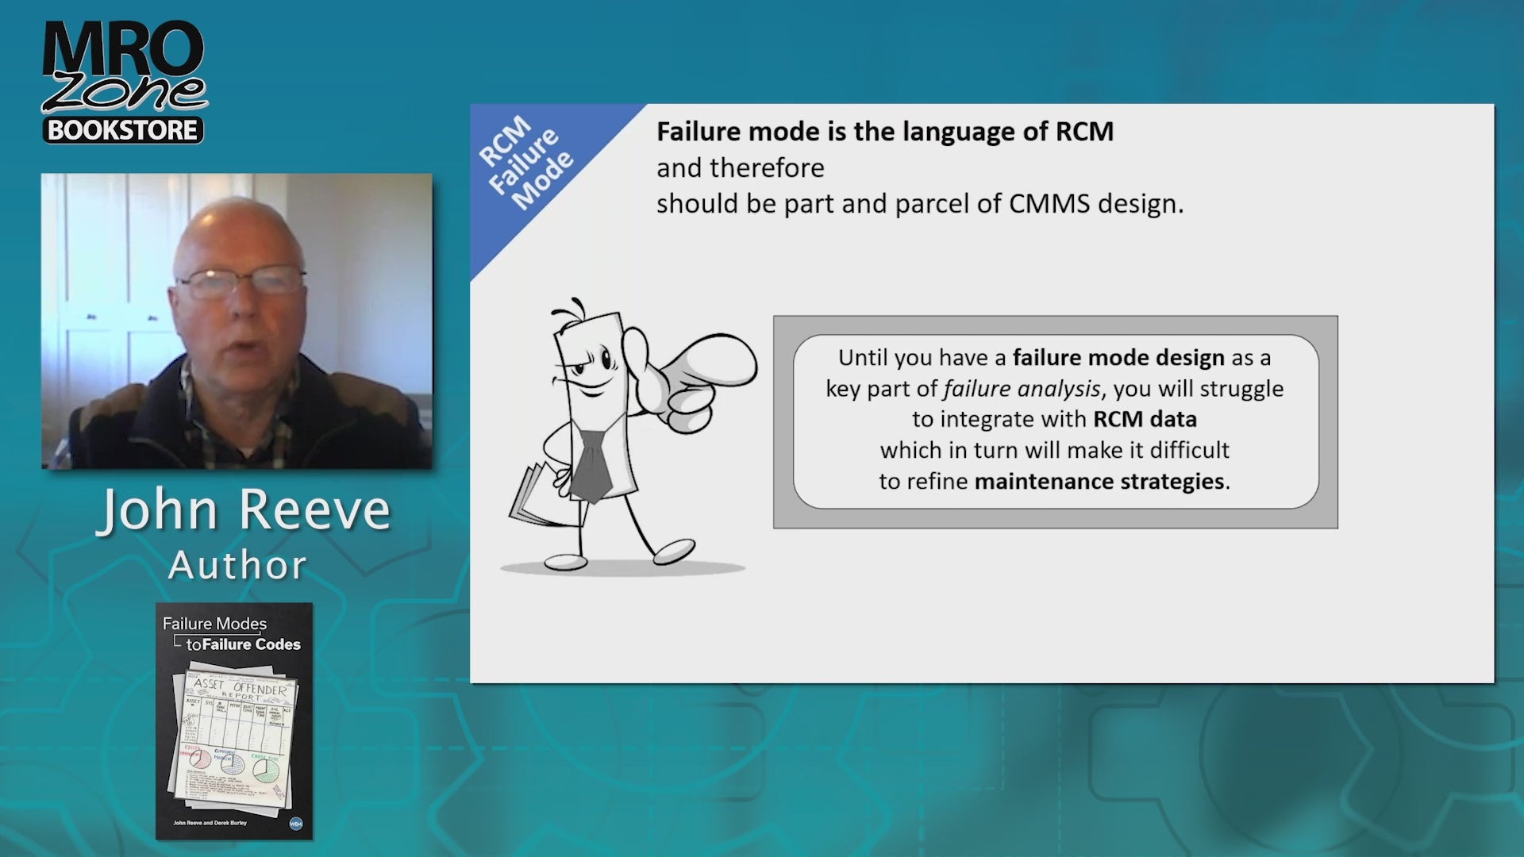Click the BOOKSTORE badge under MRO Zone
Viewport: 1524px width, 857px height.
(123, 130)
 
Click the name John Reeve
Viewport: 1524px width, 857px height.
(244, 510)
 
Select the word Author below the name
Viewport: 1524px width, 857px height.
(237, 566)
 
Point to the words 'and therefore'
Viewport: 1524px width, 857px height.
(740, 168)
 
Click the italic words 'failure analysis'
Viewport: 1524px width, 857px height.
(1022, 389)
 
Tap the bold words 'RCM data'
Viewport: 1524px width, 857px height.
(1145, 419)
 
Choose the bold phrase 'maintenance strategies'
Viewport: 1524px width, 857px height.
(1099, 482)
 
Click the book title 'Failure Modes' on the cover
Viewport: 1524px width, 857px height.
(214, 624)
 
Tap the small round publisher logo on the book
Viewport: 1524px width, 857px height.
(296, 824)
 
